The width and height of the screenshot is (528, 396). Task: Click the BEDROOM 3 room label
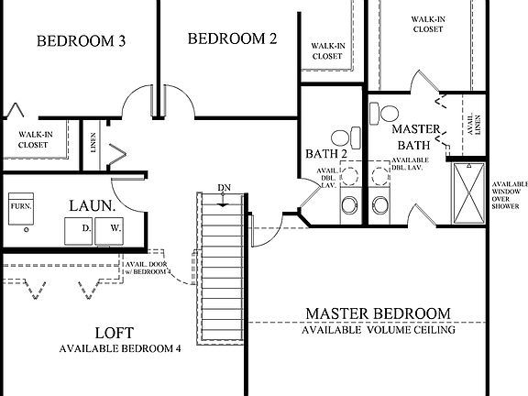(x=81, y=41)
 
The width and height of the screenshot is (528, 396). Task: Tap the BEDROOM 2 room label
(x=232, y=38)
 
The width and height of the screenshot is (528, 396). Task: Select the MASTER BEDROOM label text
(x=379, y=313)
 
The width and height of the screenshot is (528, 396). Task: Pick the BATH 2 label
(x=325, y=153)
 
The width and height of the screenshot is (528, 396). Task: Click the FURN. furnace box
(x=20, y=207)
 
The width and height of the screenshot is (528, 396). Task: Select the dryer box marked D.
(x=85, y=226)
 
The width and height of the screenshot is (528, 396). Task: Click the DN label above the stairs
(x=223, y=188)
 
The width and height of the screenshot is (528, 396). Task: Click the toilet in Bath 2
(x=341, y=138)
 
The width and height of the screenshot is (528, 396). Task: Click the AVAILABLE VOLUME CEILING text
(x=379, y=330)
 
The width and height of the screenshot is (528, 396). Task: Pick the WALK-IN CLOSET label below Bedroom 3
(x=34, y=139)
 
